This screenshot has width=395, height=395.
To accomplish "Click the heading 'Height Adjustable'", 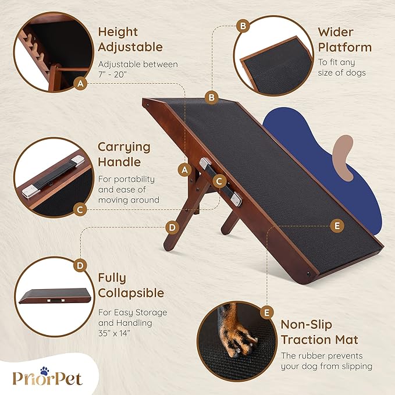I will pos(130,39).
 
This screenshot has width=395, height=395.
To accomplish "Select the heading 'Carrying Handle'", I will pos(123,154).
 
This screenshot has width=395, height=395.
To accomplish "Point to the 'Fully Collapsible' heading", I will pos(130,285).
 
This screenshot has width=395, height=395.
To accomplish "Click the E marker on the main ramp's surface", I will pos(336,226).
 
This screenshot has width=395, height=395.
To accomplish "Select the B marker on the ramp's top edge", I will pos(212,97).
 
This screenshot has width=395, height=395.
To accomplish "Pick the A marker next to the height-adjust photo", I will pos(81,84).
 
